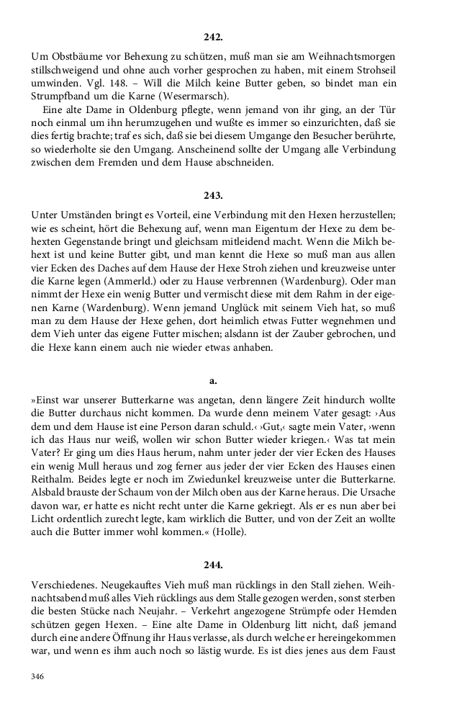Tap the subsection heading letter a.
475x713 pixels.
point(213,380)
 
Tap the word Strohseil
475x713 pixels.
point(371,69)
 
